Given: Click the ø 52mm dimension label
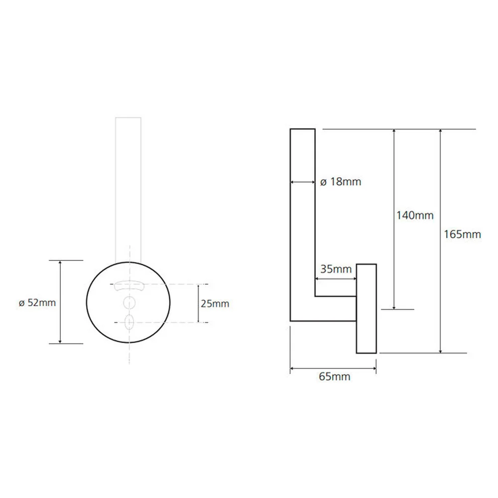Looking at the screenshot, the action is coord(37,303).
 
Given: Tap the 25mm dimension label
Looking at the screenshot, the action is coord(215,304).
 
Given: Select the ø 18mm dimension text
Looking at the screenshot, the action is coord(341,182).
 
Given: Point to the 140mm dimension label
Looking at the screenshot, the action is coord(415,216).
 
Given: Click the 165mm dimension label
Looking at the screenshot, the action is coord(462,235).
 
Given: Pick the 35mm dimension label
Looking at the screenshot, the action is coord(336,269).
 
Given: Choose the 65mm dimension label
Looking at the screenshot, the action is coord(335,376).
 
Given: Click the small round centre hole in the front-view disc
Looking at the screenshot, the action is coord(129,303).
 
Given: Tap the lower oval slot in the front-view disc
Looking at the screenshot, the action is coord(129,322).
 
